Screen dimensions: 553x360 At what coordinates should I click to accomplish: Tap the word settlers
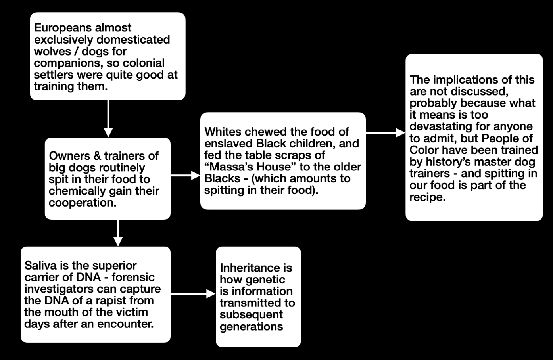pos(54,75)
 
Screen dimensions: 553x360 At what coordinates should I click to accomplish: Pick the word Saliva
pos(40,266)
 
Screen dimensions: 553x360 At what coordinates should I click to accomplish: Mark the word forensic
pos(133,278)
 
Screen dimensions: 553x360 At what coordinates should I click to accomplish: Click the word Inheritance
pos(256,268)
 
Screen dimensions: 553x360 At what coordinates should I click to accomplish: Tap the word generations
pos(252,327)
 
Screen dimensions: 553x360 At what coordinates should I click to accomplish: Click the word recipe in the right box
pos(428,197)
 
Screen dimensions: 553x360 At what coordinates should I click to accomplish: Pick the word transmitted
pos(250,303)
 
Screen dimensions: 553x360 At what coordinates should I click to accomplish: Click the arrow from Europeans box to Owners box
pos(108,119)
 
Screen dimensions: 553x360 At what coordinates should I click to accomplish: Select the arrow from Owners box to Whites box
pos(185,176)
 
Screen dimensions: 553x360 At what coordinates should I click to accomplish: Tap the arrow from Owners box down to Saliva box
pos(118,233)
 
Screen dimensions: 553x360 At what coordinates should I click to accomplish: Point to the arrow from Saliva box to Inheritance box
pos(193,294)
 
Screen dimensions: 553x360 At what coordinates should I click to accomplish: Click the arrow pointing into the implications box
pos(386,133)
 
